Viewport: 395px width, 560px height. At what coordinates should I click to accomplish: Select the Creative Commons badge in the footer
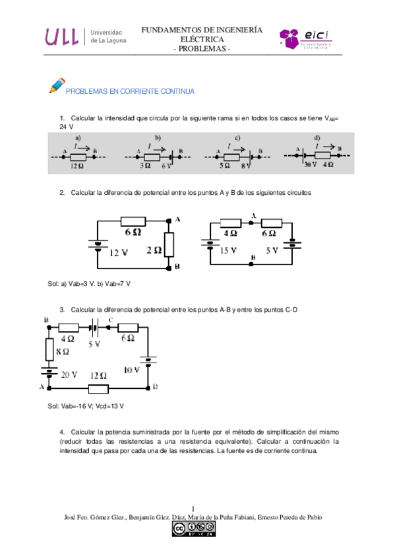tap(194, 528)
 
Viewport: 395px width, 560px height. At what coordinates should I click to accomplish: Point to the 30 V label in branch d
tap(311, 165)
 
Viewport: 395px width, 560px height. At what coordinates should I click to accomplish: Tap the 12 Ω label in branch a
tap(76, 166)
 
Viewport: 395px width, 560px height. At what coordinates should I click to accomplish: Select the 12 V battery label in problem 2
tap(118, 252)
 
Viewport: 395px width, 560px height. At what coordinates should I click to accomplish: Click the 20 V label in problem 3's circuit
tap(69, 374)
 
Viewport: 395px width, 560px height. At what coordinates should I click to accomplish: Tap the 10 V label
tap(132, 370)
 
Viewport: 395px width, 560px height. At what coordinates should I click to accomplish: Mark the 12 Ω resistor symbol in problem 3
tap(98, 388)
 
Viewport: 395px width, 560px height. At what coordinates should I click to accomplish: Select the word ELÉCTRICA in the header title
tap(201, 39)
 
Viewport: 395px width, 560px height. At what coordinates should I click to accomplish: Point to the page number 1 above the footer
tap(193, 508)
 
